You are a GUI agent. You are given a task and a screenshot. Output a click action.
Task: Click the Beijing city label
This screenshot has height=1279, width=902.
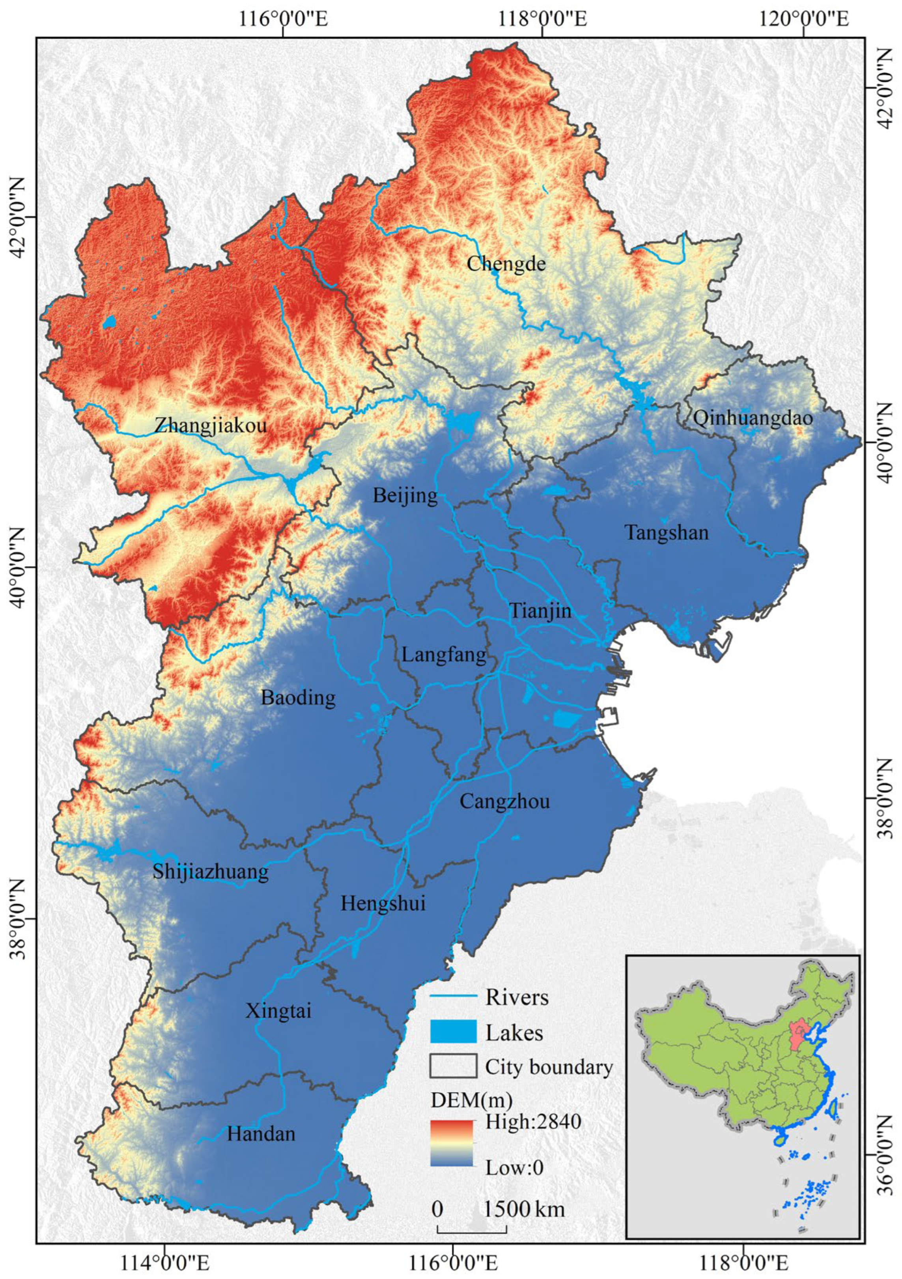405,495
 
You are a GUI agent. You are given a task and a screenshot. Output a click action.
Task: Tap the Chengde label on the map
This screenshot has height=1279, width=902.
506,263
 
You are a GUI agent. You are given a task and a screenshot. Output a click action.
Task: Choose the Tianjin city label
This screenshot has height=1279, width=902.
540,611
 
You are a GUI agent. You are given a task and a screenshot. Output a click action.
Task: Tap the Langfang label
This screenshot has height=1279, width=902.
444,655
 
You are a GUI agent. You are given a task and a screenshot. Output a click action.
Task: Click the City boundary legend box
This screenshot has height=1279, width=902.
453,1066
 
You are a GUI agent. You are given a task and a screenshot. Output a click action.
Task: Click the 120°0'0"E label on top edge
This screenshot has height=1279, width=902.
803,19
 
